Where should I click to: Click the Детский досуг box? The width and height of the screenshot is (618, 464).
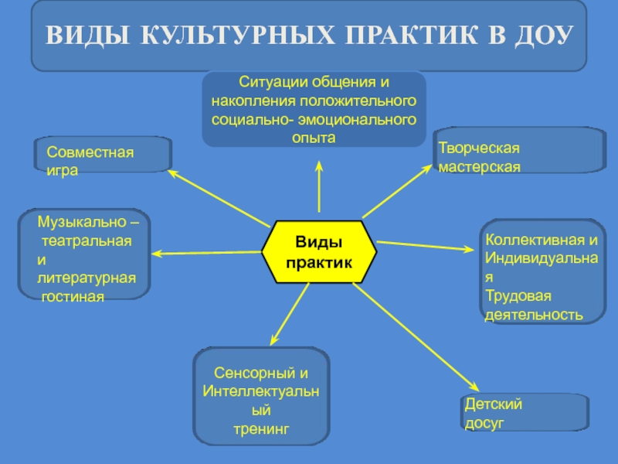click(525, 413)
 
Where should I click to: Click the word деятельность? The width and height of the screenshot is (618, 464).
click(533, 315)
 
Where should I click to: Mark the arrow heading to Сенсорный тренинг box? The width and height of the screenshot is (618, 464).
click(290, 312)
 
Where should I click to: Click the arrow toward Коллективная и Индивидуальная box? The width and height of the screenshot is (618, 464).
click(425, 246)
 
